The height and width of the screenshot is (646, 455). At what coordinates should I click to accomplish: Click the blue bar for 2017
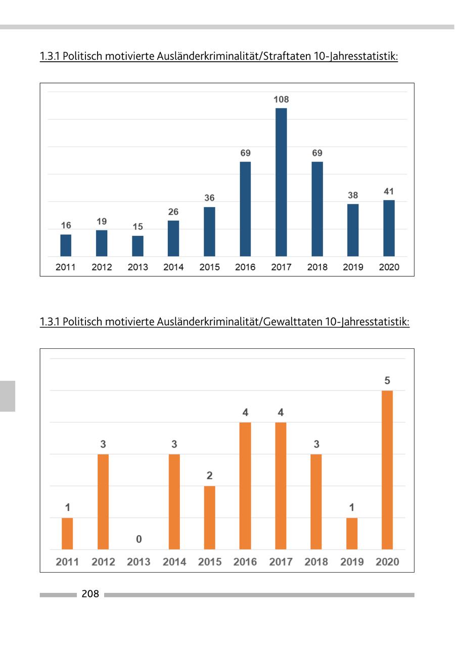tap(281, 182)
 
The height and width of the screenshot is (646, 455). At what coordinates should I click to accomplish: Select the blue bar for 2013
tap(138, 246)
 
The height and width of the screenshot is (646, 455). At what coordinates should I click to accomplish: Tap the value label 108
tap(281, 100)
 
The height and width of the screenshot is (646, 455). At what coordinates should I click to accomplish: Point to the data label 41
tap(389, 192)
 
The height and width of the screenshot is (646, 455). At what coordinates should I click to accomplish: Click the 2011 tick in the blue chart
tap(66, 267)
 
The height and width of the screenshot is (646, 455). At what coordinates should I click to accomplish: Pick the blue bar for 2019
tap(353, 230)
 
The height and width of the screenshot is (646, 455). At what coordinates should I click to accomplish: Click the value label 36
tap(209, 198)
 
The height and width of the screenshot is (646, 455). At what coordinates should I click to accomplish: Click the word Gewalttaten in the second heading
tap(292, 321)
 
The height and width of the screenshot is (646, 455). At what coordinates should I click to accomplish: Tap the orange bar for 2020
tap(387, 470)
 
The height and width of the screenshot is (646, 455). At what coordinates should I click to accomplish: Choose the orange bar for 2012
tap(103, 502)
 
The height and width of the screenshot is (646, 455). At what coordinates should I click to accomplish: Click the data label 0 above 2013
tap(139, 540)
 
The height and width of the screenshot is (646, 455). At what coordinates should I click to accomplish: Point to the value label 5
tap(387, 381)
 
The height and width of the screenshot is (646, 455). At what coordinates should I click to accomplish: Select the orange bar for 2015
tap(209, 517)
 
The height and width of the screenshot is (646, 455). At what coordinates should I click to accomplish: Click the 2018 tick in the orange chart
tap(316, 562)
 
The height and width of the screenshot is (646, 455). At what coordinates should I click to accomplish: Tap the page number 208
tap(90, 594)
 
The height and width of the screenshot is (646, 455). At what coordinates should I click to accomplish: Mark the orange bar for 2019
tap(352, 534)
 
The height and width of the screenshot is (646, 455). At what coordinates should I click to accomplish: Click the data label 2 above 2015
tap(209, 476)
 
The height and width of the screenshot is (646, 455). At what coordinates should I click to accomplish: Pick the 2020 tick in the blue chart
tap(389, 267)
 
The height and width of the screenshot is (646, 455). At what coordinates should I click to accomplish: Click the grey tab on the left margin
tap(8, 396)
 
